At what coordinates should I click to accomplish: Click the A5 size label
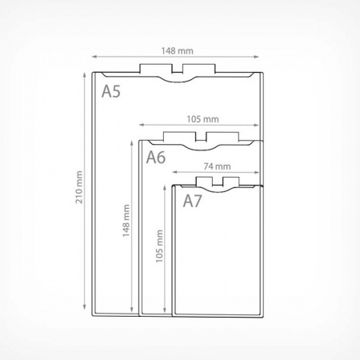[111, 91]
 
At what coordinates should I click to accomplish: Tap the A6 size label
[156, 157]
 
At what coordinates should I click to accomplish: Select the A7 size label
[192, 201]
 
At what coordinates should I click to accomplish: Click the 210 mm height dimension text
[79, 187]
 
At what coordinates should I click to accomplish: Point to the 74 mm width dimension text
[217, 166]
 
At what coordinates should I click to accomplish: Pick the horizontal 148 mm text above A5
[177, 50]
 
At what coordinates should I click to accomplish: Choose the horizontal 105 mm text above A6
[202, 119]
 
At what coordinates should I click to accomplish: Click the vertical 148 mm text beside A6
[126, 221]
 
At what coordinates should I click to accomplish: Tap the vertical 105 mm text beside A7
[159, 246]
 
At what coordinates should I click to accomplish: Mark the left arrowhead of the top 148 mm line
[94, 57]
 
